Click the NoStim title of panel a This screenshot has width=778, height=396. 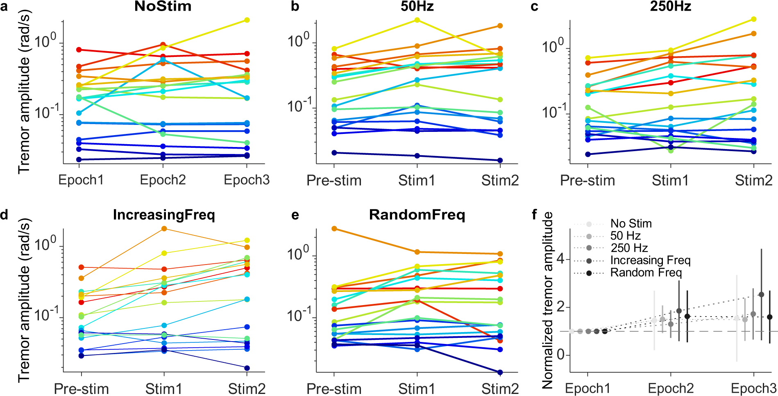pyautogui.click(x=163, y=7)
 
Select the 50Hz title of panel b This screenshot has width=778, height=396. pyautogui.click(x=417, y=7)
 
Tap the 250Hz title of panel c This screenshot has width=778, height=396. pyautogui.click(x=670, y=7)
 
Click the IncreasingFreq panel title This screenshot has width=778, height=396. pyautogui.click(x=164, y=215)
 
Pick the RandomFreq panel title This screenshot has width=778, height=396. pyautogui.click(x=417, y=215)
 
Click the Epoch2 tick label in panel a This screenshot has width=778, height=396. pyautogui.click(x=163, y=180)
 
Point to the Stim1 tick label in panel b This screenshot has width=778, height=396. pyautogui.click(x=417, y=180)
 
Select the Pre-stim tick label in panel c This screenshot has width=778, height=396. pyautogui.click(x=587, y=180)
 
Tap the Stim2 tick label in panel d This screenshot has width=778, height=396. pyautogui.click(x=247, y=389)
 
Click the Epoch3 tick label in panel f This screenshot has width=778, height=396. pyautogui.click(x=753, y=388)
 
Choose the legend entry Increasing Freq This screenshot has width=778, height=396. pyautogui.click(x=650, y=260)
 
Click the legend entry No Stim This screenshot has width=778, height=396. pyautogui.click(x=631, y=224)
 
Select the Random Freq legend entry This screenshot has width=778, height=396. pyautogui.click(x=646, y=273)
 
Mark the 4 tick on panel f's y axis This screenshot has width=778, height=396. pyautogui.click(x=560, y=259)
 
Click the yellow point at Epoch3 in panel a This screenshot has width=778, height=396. pyautogui.click(x=247, y=20)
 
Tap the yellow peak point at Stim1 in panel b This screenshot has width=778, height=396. pyautogui.click(x=417, y=20)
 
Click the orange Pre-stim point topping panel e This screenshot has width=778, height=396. pyautogui.click(x=334, y=229)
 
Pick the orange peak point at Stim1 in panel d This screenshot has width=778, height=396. pyautogui.click(x=164, y=229)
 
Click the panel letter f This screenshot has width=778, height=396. pyautogui.click(x=534, y=215)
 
